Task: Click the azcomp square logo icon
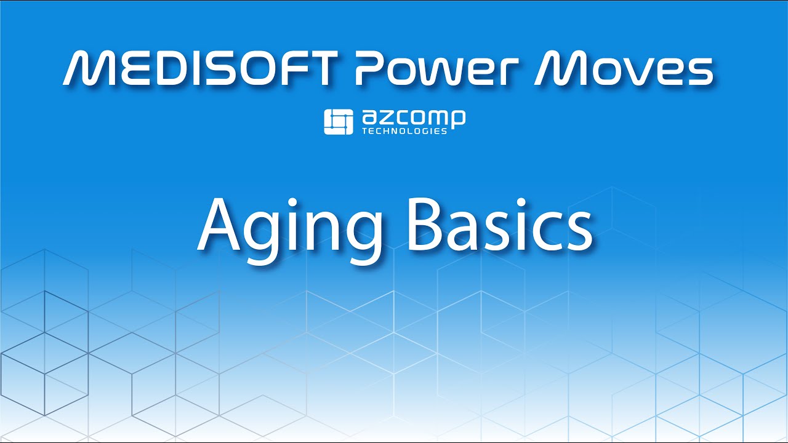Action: (338, 122)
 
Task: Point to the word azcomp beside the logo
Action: (413, 118)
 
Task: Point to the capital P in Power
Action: (368, 69)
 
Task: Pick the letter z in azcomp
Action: (384, 118)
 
